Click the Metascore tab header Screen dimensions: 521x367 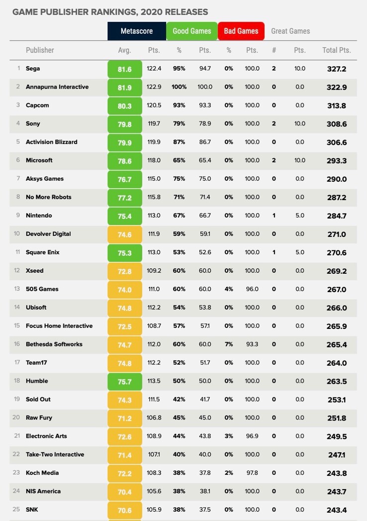[x=137, y=31]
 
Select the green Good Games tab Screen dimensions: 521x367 [x=191, y=31]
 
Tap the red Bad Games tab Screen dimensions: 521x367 [x=241, y=31]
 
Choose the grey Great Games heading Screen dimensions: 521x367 [x=290, y=31]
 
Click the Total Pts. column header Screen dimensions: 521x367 [x=337, y=50]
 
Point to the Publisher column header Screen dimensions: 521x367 [x=40, y=50]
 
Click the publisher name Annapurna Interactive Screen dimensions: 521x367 [x=57, y=87]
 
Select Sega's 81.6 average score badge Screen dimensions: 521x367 [x=124, y=69]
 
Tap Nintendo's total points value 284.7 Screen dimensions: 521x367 [x=337, y=216]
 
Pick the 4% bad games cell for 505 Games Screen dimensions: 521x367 [x=229, y=289]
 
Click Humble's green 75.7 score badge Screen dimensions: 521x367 [x=124, y=381]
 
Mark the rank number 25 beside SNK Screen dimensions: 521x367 [x=16, y=510]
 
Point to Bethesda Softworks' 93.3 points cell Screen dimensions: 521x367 [x=252, y=344]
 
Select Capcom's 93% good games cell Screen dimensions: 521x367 [x=179, y=105]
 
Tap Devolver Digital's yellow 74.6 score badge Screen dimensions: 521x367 [x=124, y=234]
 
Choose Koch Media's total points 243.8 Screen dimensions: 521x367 [x=337, y=473]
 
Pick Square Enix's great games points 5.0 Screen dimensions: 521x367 [x=299, y=252]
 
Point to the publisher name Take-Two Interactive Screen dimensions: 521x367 [x=55, y=454]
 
